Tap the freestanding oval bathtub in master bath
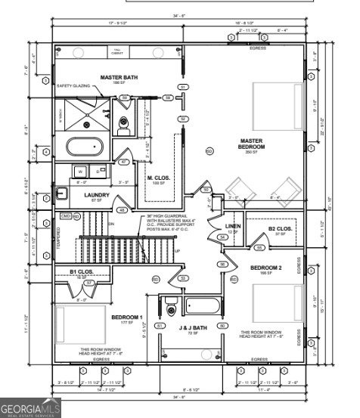(87, 145)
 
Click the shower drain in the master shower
(87, 123)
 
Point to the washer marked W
(79, 172)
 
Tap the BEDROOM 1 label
(126, 317)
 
